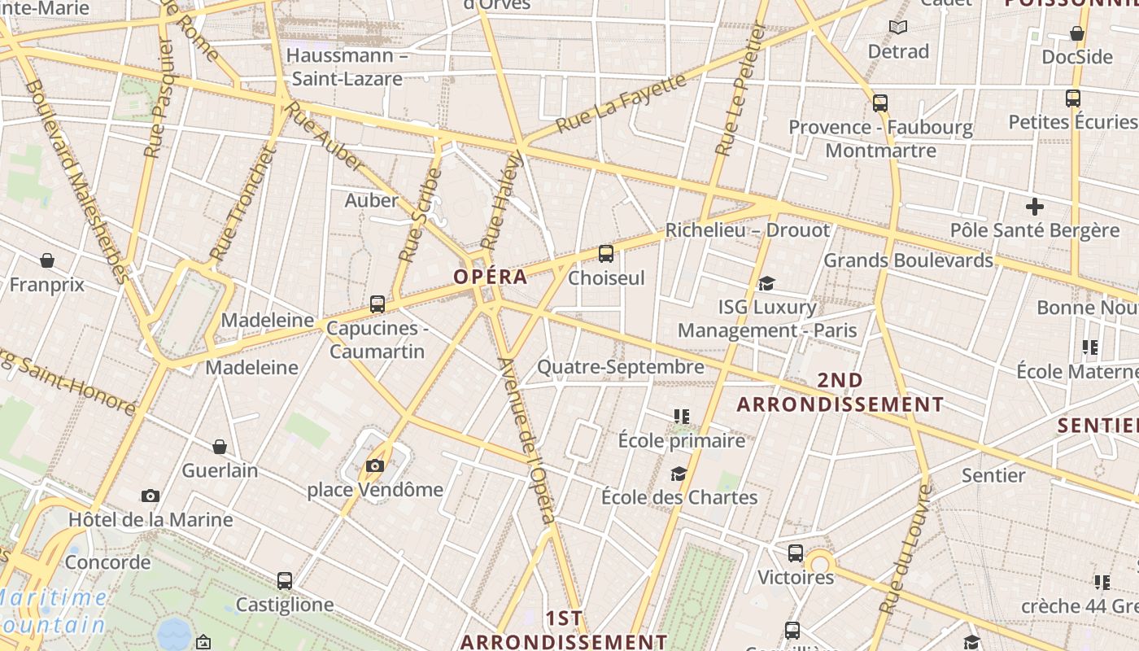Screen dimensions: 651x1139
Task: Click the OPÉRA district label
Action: [x=491, y=277]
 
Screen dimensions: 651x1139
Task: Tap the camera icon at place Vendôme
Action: [x=375, y=466]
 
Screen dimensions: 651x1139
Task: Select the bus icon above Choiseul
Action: [x=606, y=254]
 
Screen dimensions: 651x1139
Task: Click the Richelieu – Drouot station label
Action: [x=748, y=230]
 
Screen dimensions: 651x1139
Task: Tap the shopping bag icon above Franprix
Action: [x=47, y=260]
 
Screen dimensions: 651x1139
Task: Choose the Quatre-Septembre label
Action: [x=621, y=367]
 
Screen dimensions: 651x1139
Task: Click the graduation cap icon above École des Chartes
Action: [x=679, y=474]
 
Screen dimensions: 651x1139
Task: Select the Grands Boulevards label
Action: [x=909, y=260]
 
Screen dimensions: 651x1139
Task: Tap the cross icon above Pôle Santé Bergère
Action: [x=1035, y=207]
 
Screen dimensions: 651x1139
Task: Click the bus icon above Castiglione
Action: [x=285, y=581]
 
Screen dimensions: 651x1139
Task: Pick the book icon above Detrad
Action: [x=898, y=28]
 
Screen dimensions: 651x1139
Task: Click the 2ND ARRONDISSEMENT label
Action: [x=840, y=392]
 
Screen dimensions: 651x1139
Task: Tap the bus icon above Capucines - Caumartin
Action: [x=377, y=304]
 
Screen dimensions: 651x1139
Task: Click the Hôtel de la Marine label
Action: [x=151, y=520]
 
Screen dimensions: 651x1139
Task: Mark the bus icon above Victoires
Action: [x=796, y=553]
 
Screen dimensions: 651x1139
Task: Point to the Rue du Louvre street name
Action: [x=904, y=549]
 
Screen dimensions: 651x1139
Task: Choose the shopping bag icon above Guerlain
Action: [x=220, y=447]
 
